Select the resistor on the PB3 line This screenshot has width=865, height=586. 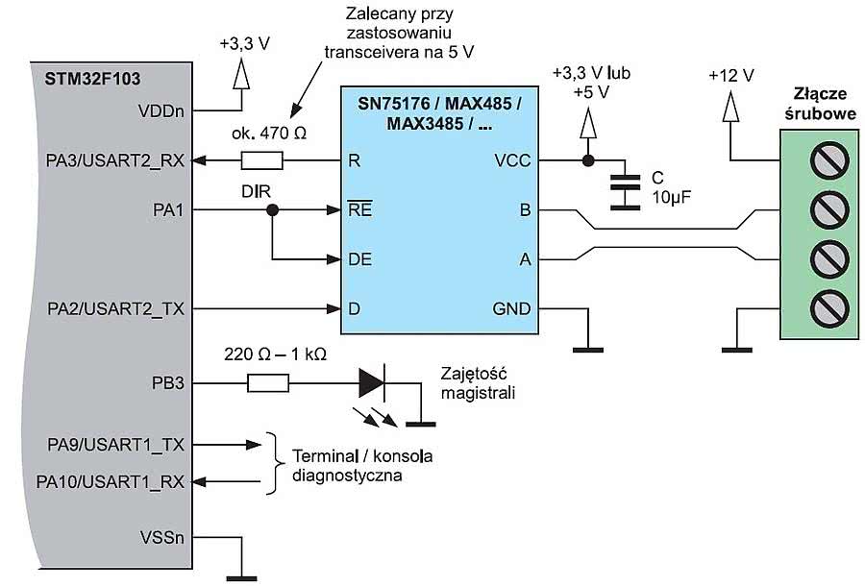(268, 383)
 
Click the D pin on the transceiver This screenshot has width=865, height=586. (355, 309)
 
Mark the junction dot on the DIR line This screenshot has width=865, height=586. (273, 210)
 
